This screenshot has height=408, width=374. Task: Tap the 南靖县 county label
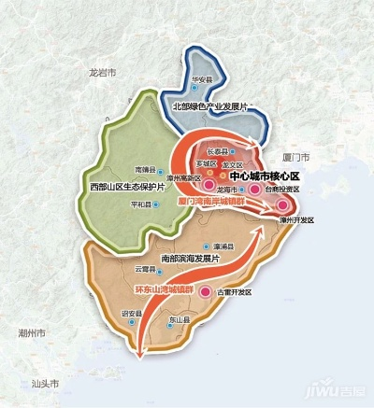143,170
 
